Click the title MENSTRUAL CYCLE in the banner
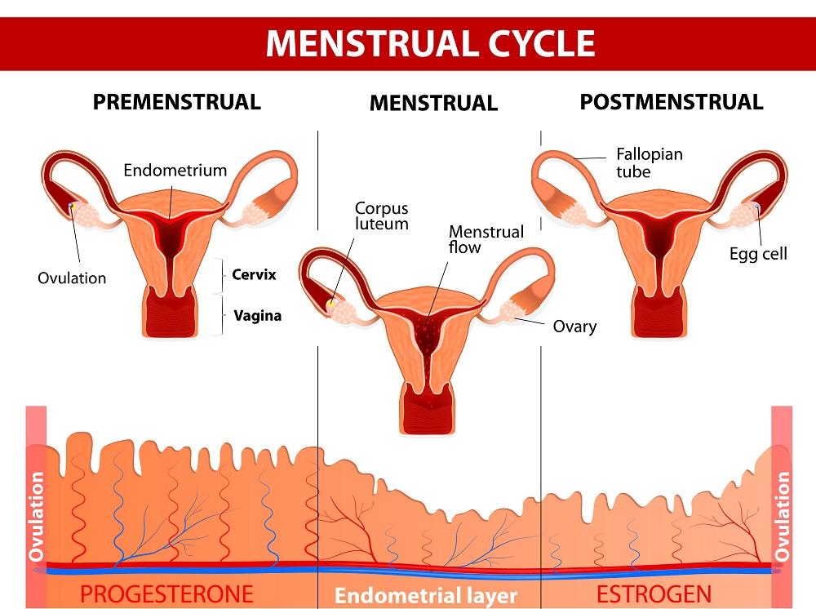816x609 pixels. (430, 42)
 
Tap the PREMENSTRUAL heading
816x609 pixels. (176, 102)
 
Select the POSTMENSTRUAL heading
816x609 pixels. (671, 102)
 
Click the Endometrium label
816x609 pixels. (175, 171)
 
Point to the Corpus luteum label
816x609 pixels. (382, 216)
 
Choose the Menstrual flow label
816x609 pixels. (486, 239)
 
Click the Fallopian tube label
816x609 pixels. (650, 162)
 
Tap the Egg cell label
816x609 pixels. (758, 254)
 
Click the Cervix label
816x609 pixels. (254, 275)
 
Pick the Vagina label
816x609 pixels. (257, 315)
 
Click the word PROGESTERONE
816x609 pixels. (166, 593)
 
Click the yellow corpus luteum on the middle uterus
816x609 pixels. (332, 304)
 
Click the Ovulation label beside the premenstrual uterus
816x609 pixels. (72, 278)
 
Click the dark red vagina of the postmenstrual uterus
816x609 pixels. (659, 318)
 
